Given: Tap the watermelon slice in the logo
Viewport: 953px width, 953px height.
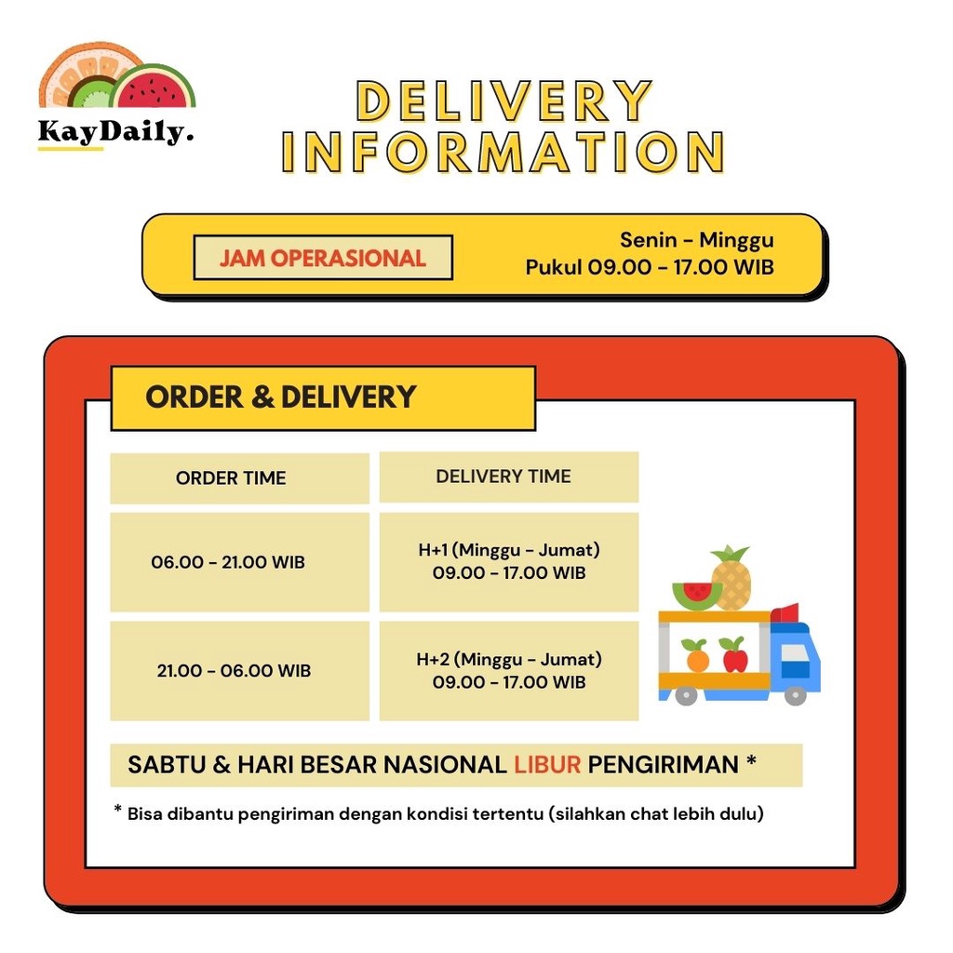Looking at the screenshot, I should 154,89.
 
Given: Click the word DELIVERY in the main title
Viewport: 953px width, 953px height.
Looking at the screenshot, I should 503,101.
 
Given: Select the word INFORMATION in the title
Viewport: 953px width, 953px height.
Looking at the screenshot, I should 503,152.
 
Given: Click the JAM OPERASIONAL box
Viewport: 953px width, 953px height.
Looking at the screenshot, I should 323,258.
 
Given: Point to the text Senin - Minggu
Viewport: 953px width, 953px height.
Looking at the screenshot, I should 696,240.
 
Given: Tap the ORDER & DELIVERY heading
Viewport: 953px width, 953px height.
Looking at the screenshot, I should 280,397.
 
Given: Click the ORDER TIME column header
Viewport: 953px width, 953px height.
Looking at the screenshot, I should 231,478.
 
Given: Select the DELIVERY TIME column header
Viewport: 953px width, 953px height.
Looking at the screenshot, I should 503,476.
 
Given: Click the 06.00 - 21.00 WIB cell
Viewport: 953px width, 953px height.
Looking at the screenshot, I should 229,562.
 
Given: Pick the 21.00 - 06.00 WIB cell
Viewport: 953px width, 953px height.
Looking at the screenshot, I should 234,671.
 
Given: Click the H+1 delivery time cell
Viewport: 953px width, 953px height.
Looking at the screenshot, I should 509,561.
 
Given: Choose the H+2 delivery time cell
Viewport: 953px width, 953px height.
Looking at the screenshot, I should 509,670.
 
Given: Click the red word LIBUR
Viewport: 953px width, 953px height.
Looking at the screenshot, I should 546,765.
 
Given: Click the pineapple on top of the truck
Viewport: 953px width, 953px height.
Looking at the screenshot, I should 732,578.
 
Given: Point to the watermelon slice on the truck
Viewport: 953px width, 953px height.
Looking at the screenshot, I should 696,595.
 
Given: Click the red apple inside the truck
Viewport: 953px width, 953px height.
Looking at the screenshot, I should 734,656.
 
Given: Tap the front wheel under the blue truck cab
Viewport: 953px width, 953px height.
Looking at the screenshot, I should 795,694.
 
